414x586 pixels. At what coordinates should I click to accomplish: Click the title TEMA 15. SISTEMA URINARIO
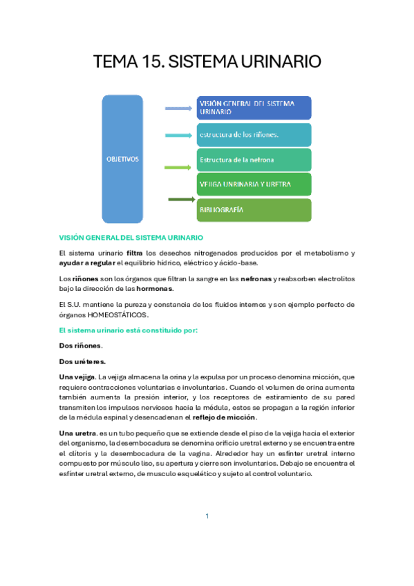(x=207, y=62)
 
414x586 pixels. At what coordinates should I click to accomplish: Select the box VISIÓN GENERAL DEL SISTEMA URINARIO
(x=254, y=107)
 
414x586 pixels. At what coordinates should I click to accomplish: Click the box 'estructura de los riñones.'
(x=254, y=134)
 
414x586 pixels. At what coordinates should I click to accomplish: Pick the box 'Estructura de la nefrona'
(x=254, y=160)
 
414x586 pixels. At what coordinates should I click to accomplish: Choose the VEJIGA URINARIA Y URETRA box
(x=254, y=185)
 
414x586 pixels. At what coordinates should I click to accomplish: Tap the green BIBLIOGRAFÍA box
(x=254, y=209)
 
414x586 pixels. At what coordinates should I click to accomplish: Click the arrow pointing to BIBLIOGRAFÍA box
(x=182, y=200)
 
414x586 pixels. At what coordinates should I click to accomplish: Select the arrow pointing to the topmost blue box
(x=178, y=108)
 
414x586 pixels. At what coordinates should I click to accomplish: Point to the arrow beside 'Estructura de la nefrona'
(x=178, y=167)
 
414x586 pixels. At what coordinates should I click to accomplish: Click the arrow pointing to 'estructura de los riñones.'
(x=178, y=135)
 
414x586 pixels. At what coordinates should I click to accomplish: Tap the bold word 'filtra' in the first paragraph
(x=135, y=253)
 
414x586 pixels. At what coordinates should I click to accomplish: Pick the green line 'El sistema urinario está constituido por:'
(x=129, y=330)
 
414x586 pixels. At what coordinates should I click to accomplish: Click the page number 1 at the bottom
(x=207, y=516)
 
